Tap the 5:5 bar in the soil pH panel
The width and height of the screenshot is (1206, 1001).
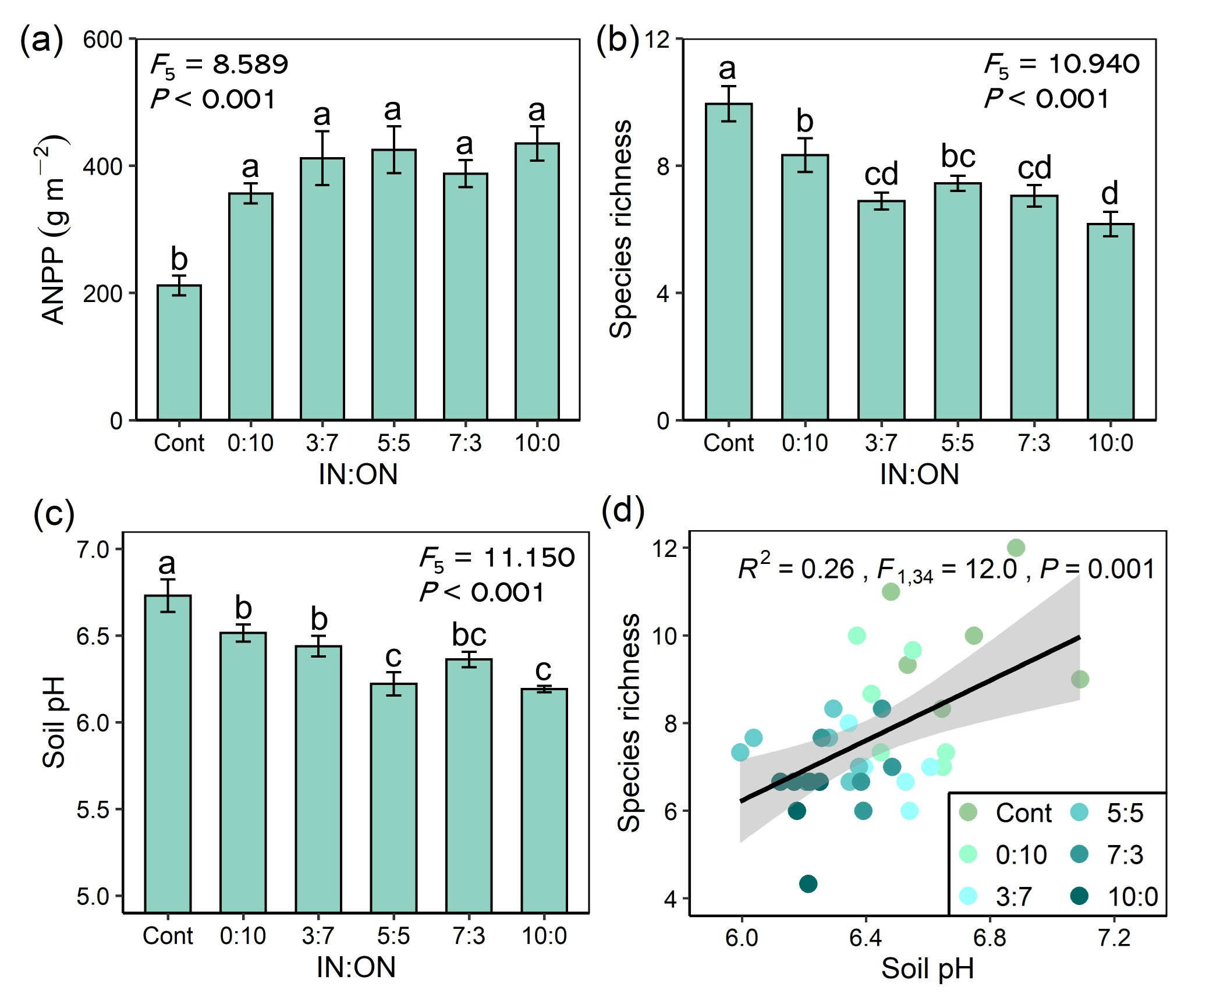(394, 797)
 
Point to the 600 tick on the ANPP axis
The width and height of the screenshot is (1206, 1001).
(102, 40)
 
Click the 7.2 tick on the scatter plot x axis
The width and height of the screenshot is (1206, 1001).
(1113, 938)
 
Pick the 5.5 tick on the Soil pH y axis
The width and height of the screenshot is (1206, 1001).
(93, 810)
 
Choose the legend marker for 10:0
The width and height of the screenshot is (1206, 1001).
(1080, 896)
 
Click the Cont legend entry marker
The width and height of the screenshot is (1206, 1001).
(968, 812)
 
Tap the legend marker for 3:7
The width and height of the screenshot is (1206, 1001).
(968, 896)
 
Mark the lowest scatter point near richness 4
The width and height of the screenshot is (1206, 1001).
(808, 883)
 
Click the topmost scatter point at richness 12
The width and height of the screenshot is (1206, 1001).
(1016, 548)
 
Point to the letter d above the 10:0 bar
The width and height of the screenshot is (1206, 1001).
(1110, 193)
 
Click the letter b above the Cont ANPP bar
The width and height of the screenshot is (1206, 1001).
(179, 259)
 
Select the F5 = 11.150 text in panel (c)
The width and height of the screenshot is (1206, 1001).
(497, 558)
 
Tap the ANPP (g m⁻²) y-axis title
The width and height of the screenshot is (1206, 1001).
(54, 230)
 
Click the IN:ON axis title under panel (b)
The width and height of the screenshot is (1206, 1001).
(919, 474)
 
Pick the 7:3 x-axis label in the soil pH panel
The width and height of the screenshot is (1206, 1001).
(469, 936)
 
